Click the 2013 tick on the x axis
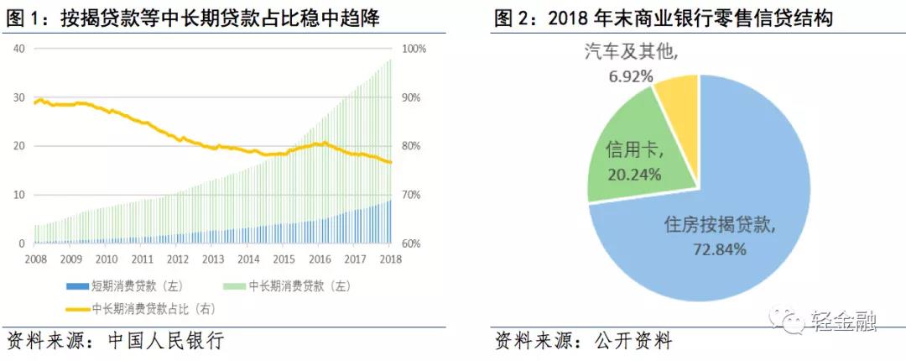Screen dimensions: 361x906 (212, 259)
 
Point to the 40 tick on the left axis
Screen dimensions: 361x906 (18, 49)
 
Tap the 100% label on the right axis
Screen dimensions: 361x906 (414, 49)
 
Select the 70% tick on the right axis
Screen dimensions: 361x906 (412, 195)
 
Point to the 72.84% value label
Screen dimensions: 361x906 (716, 249)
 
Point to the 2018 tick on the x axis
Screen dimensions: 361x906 (390, 259)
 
